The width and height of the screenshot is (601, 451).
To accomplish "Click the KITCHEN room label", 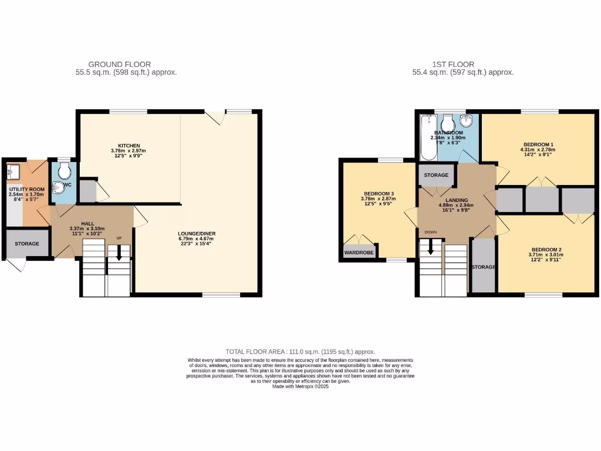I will [129, 146].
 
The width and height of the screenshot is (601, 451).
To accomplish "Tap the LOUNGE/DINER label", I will [197, 234].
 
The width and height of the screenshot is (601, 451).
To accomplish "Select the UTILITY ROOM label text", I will [26, 189].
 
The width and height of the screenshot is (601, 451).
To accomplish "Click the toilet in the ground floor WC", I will [65, 170].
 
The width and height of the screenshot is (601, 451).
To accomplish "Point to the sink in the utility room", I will [13, 172].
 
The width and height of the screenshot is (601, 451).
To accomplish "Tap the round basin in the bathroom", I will [467, 122].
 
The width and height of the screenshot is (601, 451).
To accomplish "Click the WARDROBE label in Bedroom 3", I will [359, 253].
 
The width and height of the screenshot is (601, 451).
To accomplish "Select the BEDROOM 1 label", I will [538, 144].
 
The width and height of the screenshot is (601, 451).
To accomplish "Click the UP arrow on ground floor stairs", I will [119, 253].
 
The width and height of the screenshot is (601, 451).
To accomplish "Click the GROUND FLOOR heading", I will [120, 65].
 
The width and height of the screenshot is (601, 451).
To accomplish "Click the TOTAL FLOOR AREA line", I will [300, 351].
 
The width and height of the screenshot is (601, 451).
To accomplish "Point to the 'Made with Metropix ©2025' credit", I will [300, 386].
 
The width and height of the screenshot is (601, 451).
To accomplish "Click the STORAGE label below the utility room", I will [27, 244].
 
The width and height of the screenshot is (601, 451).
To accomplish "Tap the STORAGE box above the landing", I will [437, 175].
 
